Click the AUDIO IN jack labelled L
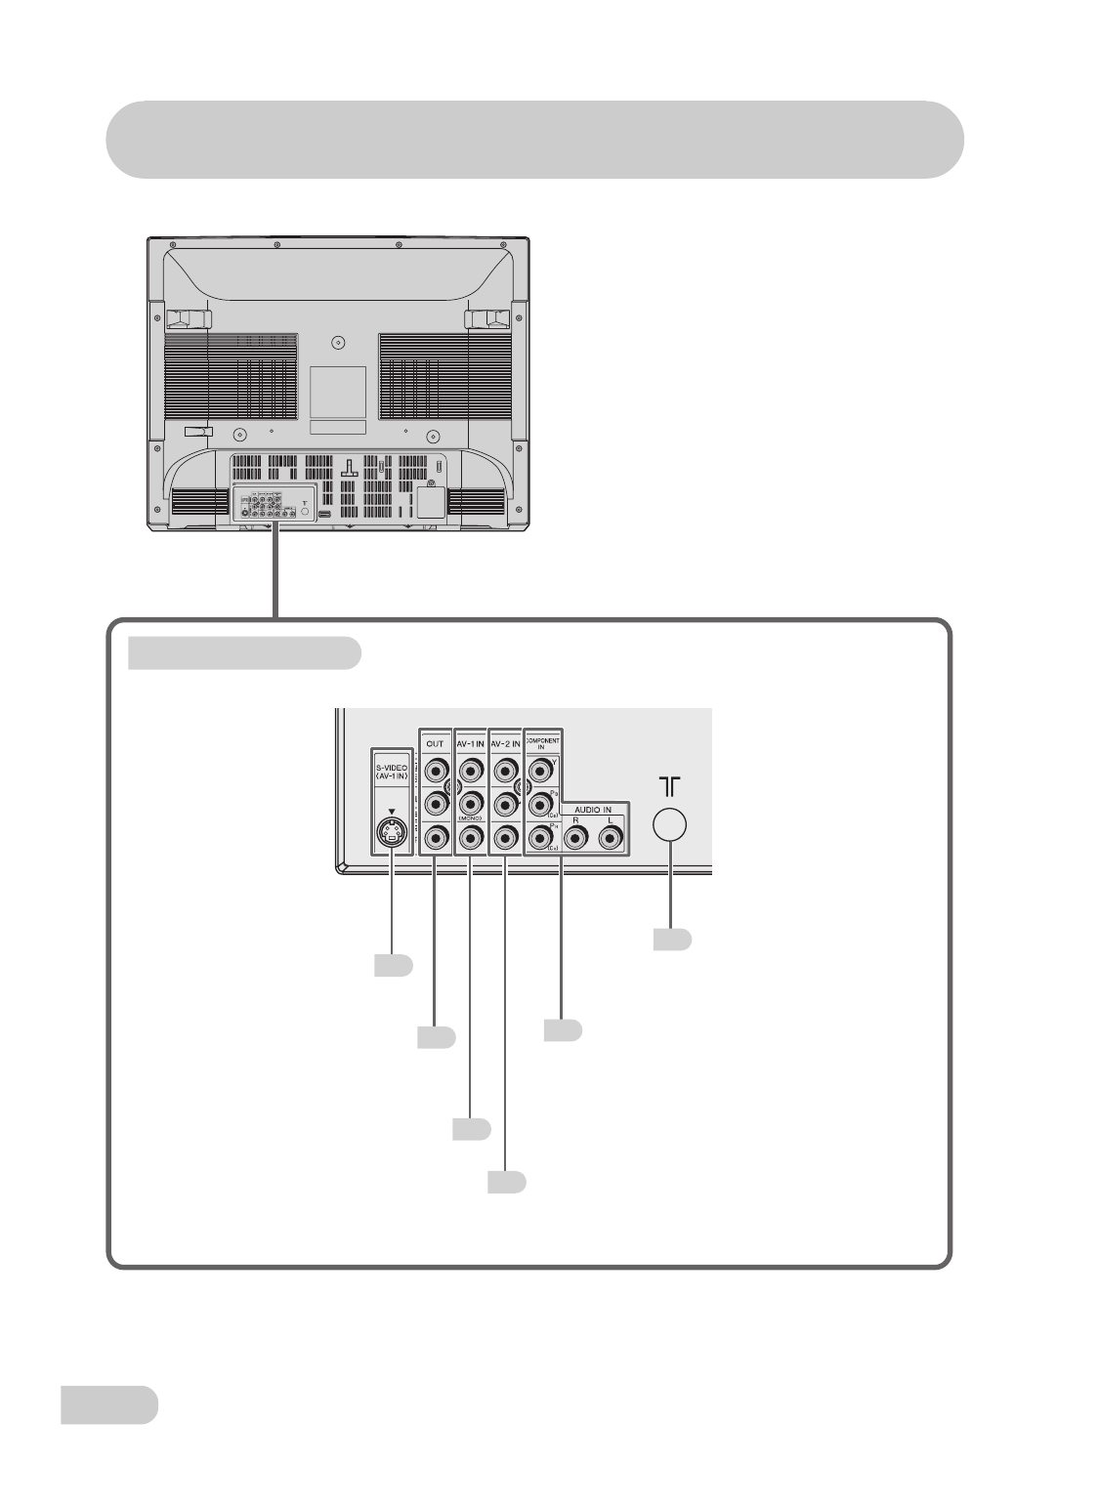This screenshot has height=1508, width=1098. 611,837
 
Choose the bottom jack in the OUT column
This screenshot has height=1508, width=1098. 436,837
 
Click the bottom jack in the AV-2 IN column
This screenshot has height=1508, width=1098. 506,837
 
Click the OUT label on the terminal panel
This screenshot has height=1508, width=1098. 436,743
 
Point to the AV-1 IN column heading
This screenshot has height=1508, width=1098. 471,743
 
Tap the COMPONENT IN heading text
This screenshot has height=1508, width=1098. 542,743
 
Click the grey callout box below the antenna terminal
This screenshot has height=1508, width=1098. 672,940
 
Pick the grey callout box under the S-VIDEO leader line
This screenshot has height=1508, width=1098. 393,966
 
